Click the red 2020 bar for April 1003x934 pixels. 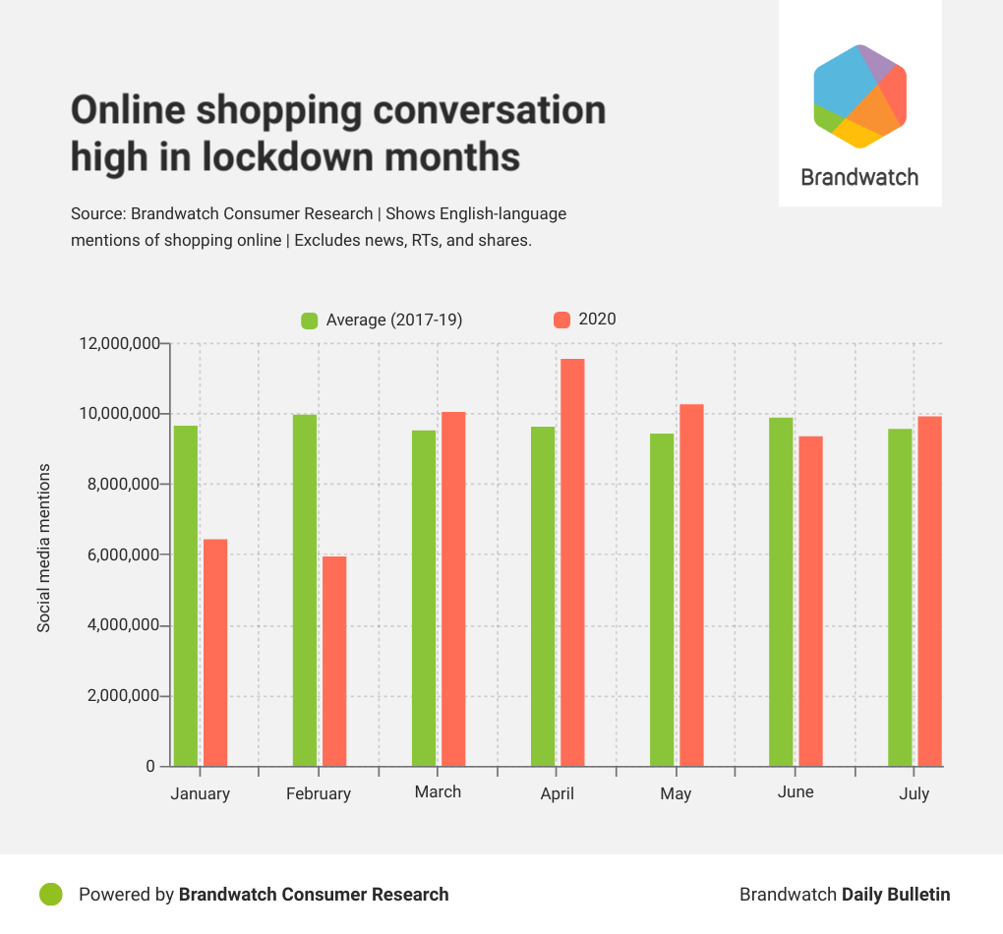coord(572,562)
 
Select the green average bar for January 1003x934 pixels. coord(186,596)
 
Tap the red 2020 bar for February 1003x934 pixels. coord(334,661)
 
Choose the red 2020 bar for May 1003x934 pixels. coord(691,585)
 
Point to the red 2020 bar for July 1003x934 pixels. coord(929,591)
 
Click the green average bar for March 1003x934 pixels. coord(424,598)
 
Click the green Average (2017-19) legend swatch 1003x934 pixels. coord(310,320)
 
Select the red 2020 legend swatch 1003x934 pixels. coord(562,320)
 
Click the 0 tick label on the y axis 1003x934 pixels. coord(150,766)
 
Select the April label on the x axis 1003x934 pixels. coord(557,793)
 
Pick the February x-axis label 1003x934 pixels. coord(319,793)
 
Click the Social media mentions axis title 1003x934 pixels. coord(44,548)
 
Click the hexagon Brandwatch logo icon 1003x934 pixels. coord(859,96)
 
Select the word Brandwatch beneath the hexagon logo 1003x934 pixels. coord(859,178)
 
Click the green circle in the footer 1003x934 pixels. coord(51,894)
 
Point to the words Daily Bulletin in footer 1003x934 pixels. coord(896,894)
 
